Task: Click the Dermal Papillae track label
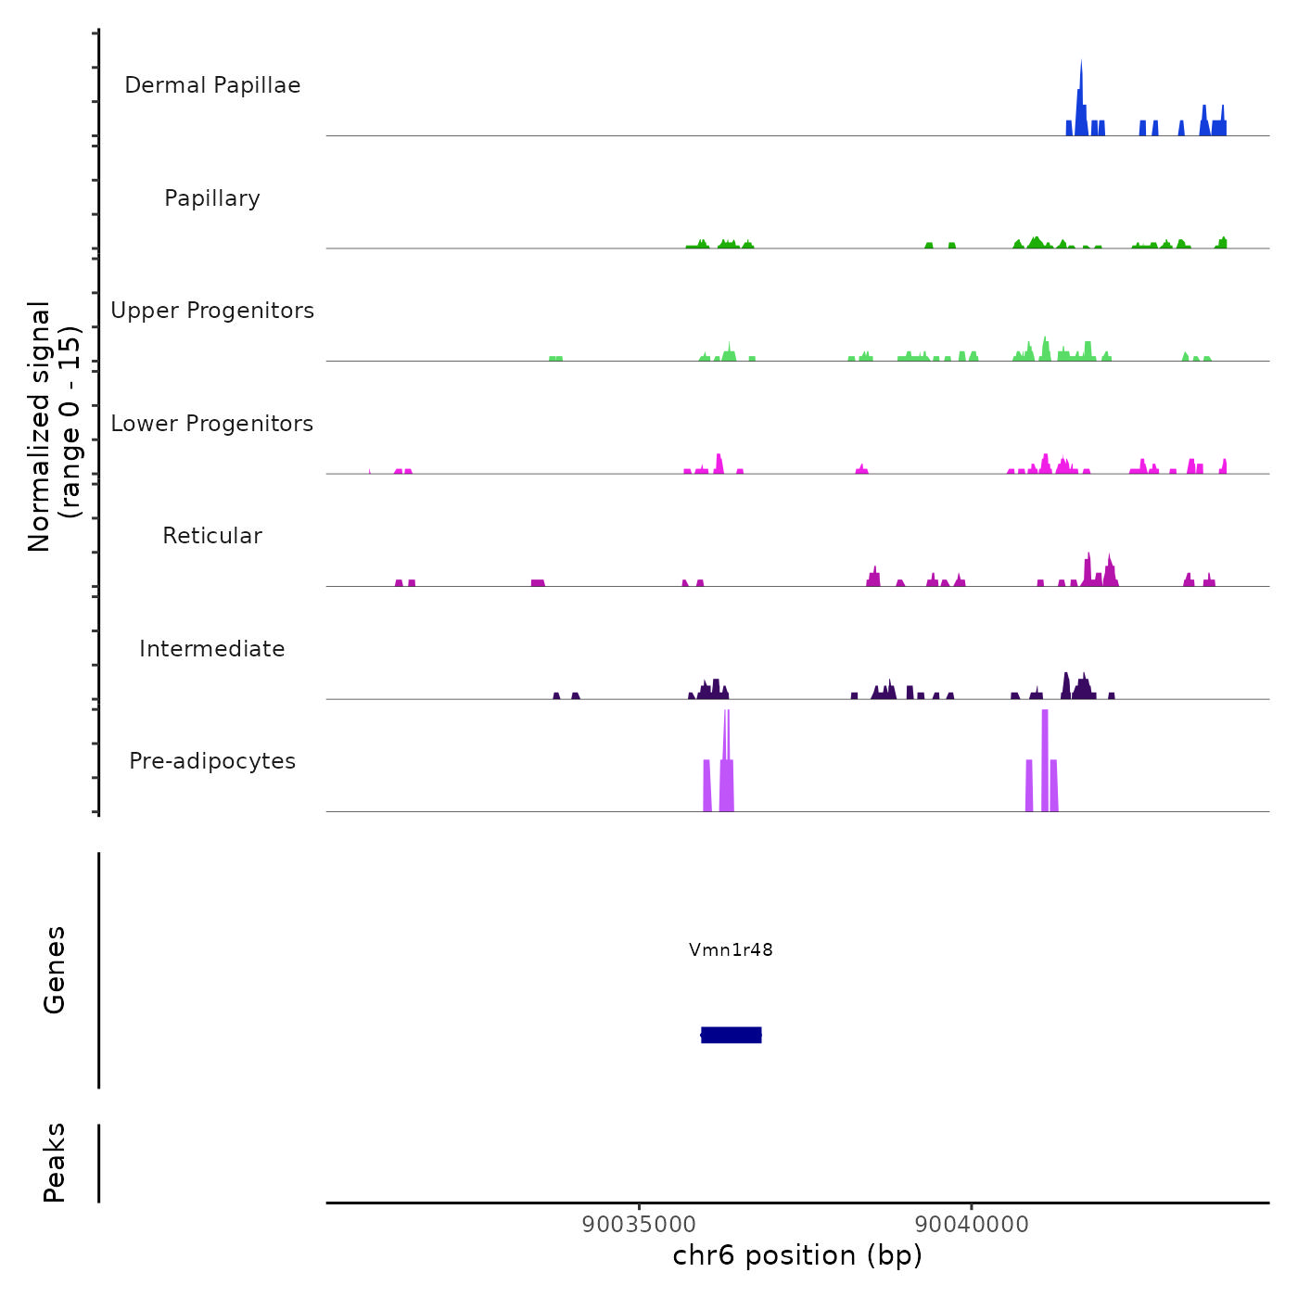(212, 85)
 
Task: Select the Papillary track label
(212, 198)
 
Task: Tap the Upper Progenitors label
(212, 311)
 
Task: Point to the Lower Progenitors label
(212, 424)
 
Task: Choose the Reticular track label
(212, 536)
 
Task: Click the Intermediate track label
(212, 649)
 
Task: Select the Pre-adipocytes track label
(212, 761)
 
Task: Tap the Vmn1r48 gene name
(731, 949)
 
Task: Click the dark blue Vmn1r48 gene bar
(732, 1035)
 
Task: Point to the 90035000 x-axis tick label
(639, 1224)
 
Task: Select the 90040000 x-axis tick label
(972, 1224)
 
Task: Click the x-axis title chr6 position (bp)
(797, 1255)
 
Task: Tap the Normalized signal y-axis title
(54, 426)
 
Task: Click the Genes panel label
(55, 970)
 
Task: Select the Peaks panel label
(55, 1163)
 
